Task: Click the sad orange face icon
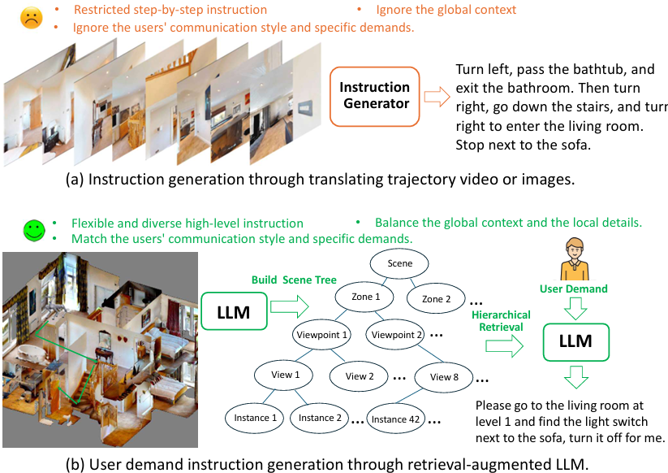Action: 32,19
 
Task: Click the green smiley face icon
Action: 32,231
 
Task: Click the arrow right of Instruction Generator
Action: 437,97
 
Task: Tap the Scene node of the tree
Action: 400,263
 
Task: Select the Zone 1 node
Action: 365,297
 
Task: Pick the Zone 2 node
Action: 437,299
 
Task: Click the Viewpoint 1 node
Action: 322,334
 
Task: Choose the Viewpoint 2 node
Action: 397,334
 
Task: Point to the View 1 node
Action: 286,375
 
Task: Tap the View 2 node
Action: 360,376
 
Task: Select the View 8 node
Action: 445,376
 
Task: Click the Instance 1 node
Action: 252,418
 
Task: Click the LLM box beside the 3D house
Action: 233,312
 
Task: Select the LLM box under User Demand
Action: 575,341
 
